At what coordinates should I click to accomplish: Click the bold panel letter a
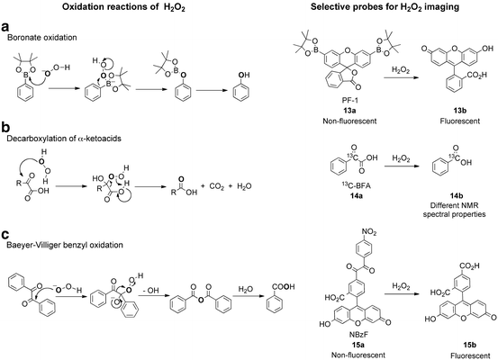(x=6, y=27)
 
